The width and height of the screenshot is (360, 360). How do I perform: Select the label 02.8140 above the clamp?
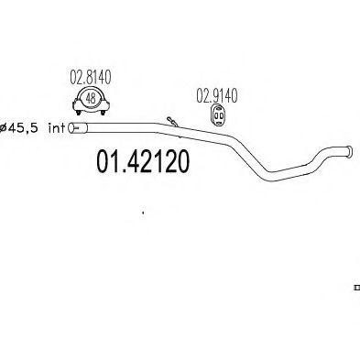pyautogui.click(x=90, y=80)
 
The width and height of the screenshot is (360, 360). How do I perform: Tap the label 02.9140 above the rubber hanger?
pyautogui.click(x=216, y=93)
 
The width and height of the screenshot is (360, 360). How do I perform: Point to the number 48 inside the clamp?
pyautogui.click(x=91, y=100)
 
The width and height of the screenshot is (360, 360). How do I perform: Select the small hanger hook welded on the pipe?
pyautogui.click(x=171, y=119)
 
